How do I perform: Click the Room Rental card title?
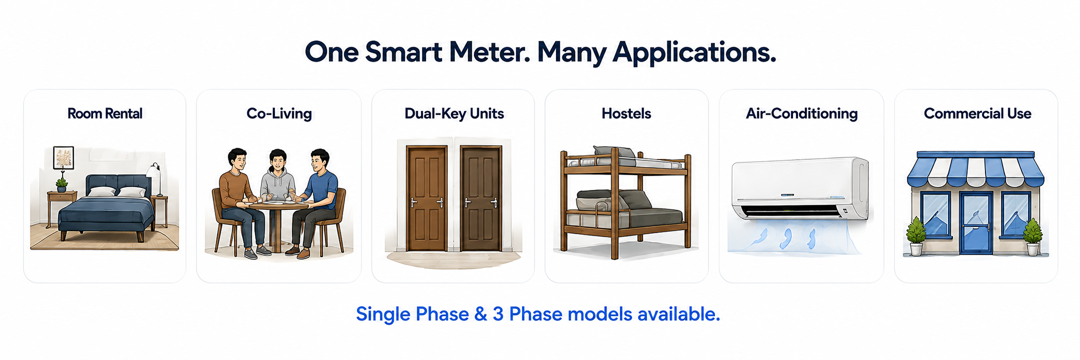click(105, 114)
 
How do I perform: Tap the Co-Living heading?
click(279, 114)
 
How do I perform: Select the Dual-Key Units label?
click(454, 114)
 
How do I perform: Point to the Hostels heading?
click(626, 114)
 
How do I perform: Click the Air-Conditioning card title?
click(802, 114)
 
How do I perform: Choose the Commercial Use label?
click(977, 114)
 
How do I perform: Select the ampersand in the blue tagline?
click(480, 314)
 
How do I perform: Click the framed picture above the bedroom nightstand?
click(64, 158)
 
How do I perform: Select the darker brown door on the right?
click(481, 198)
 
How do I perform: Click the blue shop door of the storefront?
click(976, 222)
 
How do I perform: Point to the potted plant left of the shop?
click(916, 236)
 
